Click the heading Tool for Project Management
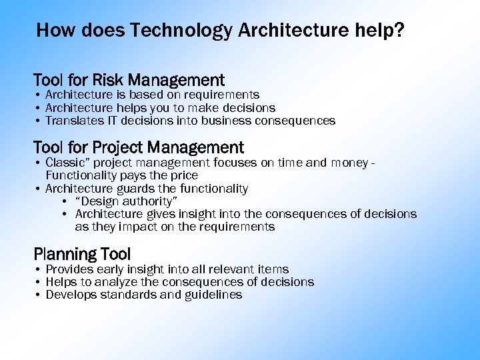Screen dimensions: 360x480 click(139, 147)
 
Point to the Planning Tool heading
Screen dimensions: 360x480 click(82, 254)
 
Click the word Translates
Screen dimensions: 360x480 click(73, 121)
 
